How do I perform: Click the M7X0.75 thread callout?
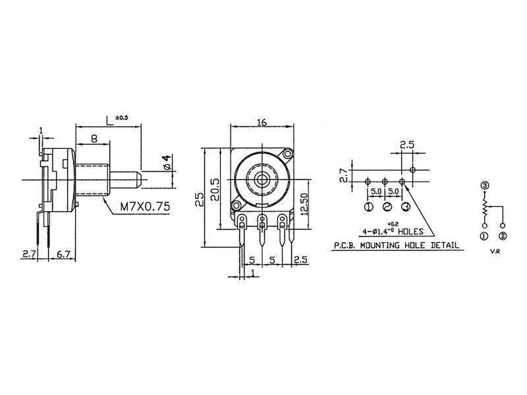pos(145,207)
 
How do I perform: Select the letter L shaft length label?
pos(109,119)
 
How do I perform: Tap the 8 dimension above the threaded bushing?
pos(94,139)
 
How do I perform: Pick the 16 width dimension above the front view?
pos(262,122)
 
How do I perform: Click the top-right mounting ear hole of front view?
pos(287,154)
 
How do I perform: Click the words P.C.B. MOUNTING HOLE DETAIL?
pos(394,245)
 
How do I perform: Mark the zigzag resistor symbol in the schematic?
pos(485,209)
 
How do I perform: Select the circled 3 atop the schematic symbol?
pos(485,186)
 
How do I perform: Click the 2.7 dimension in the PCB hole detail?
pos(342,174)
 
